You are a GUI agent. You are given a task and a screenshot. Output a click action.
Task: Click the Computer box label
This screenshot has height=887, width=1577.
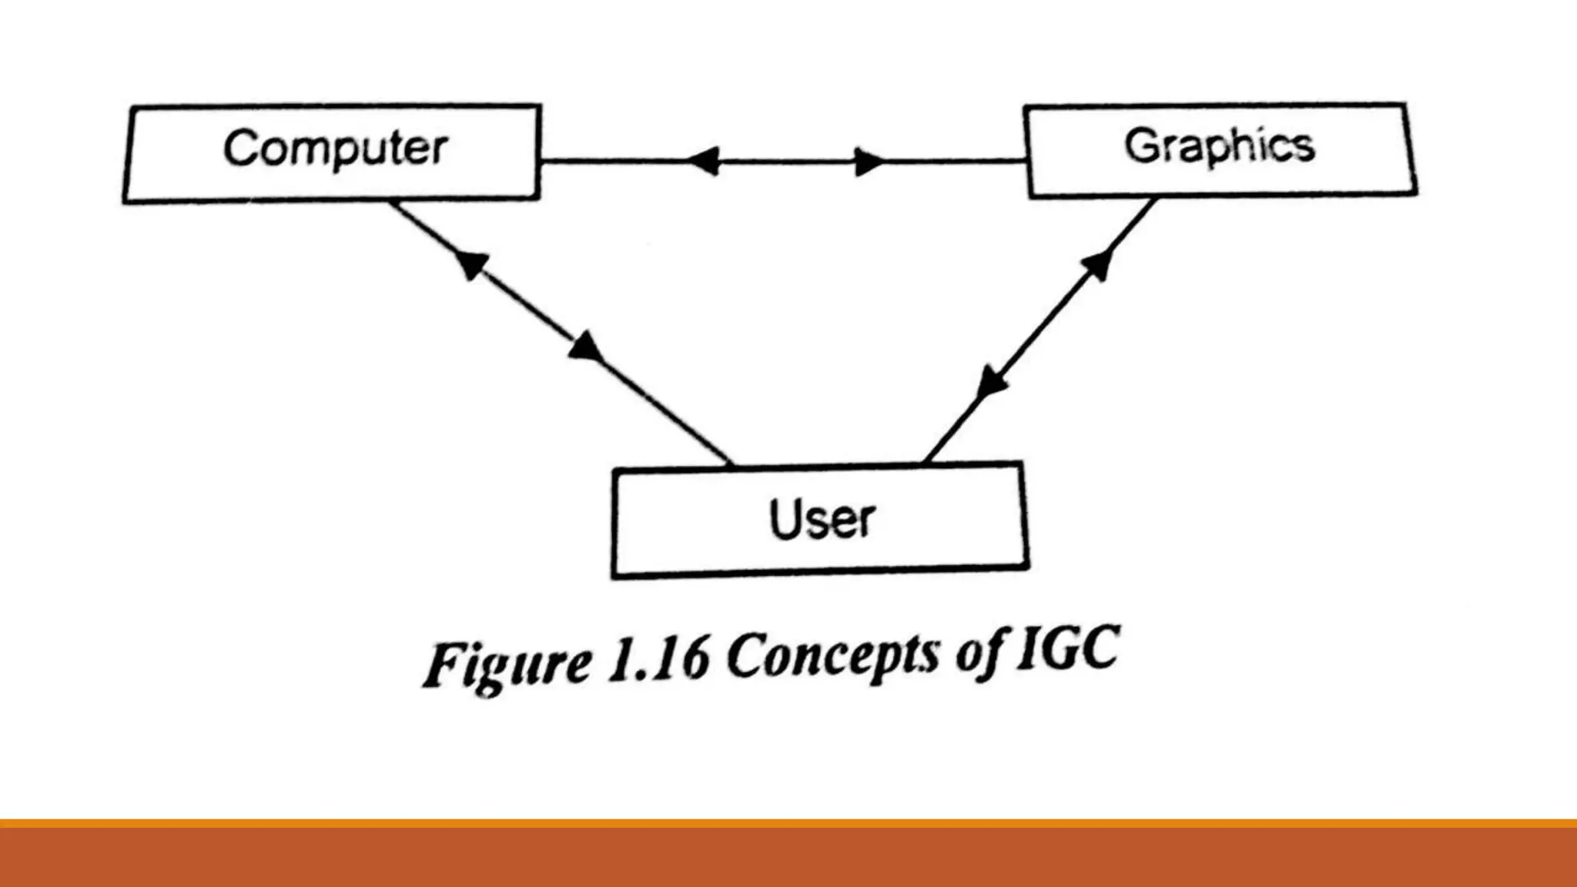point(336,148)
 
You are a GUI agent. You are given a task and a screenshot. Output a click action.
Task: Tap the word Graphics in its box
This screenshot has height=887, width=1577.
point(1220,146)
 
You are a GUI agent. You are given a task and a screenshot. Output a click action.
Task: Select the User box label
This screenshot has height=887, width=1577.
point(822,519)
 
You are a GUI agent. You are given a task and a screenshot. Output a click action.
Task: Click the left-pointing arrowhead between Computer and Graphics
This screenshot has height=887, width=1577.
point(703,161)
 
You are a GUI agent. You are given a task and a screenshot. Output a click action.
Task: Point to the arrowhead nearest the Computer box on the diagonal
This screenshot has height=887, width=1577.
point(470,263)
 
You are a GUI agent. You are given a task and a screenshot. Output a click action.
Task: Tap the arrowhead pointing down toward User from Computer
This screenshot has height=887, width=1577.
point(585,347)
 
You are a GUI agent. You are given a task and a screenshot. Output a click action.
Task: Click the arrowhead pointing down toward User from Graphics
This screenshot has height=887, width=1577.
point(991,382)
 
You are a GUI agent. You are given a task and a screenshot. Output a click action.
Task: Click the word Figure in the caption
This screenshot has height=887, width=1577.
point(509,664)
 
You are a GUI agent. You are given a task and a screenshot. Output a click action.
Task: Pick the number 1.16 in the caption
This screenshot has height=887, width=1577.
point(658,660)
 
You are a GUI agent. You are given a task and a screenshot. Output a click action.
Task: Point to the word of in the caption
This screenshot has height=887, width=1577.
point(982,652)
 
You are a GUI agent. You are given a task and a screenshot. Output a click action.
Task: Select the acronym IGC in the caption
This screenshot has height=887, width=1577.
point(1068,648)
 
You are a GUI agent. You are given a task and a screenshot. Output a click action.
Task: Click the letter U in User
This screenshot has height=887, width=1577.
point(785,517)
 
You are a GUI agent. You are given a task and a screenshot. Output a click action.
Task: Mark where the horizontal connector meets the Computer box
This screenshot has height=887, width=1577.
point(541,161)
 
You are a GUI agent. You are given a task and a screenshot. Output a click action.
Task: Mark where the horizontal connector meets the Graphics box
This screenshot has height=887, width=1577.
point(1026,161)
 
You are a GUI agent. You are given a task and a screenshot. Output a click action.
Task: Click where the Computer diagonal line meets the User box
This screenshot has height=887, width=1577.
point(729,465)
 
